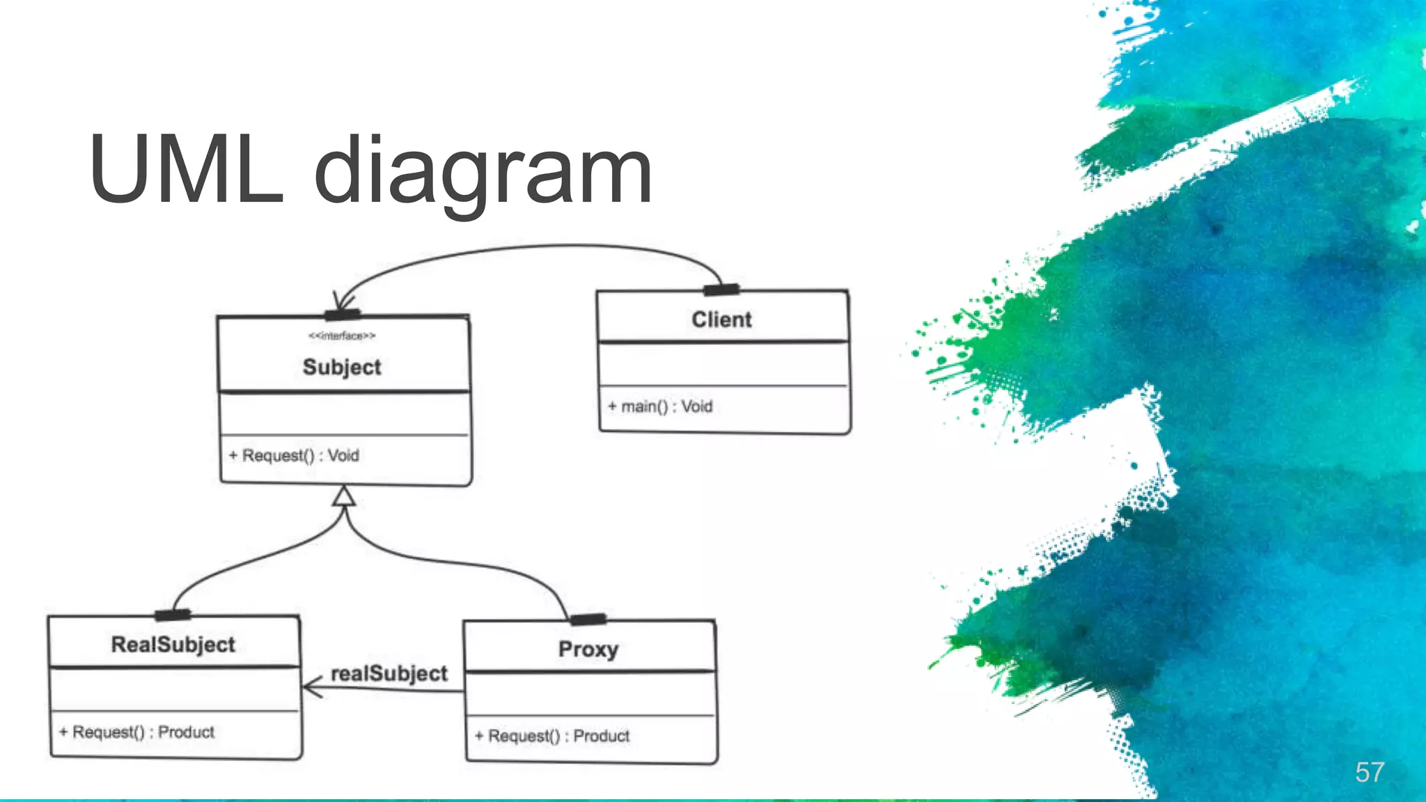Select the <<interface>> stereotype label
coord(342,336)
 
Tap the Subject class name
coord(342,367)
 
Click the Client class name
coord(721,320)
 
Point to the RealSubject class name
coord(173,645)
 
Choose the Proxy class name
coord(588,650)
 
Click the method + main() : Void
coord(660,407)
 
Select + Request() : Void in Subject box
coord(294,456)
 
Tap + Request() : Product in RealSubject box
coord(137,732)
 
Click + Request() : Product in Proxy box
coord(552,737)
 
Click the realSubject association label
coord(389,674)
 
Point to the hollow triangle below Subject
coord(344,496)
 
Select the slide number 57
coord(1369,772)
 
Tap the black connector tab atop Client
coord(721,290)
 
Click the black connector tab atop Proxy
coord(588,619)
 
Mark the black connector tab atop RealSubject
coord(173,615)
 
